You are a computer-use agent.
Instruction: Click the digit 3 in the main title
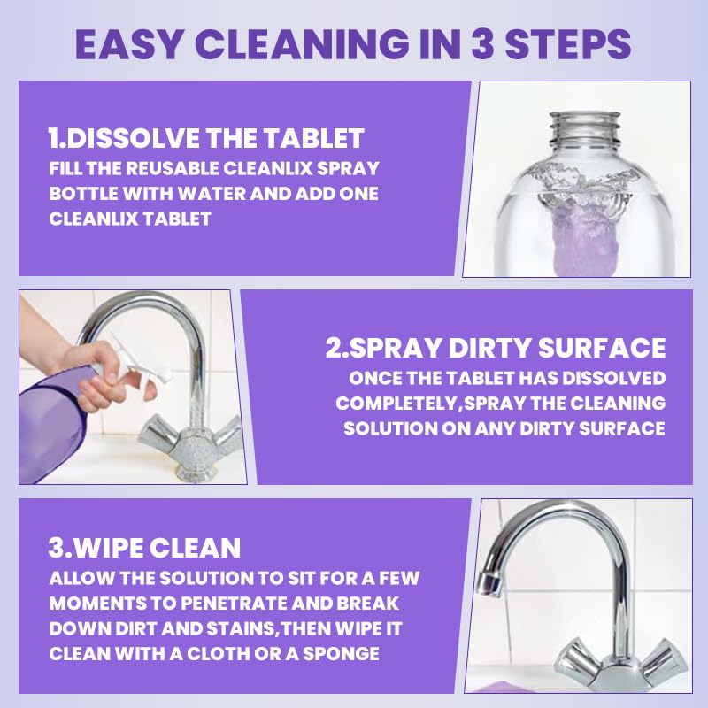pos(483,44)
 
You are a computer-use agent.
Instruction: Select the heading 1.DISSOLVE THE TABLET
pos(206,138)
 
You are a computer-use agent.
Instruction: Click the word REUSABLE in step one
pos(172,168)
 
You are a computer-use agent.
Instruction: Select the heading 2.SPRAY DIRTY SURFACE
pos(496,348)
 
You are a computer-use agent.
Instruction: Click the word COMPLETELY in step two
pos(397,404)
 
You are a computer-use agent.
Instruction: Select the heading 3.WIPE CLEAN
pos(144,548)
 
